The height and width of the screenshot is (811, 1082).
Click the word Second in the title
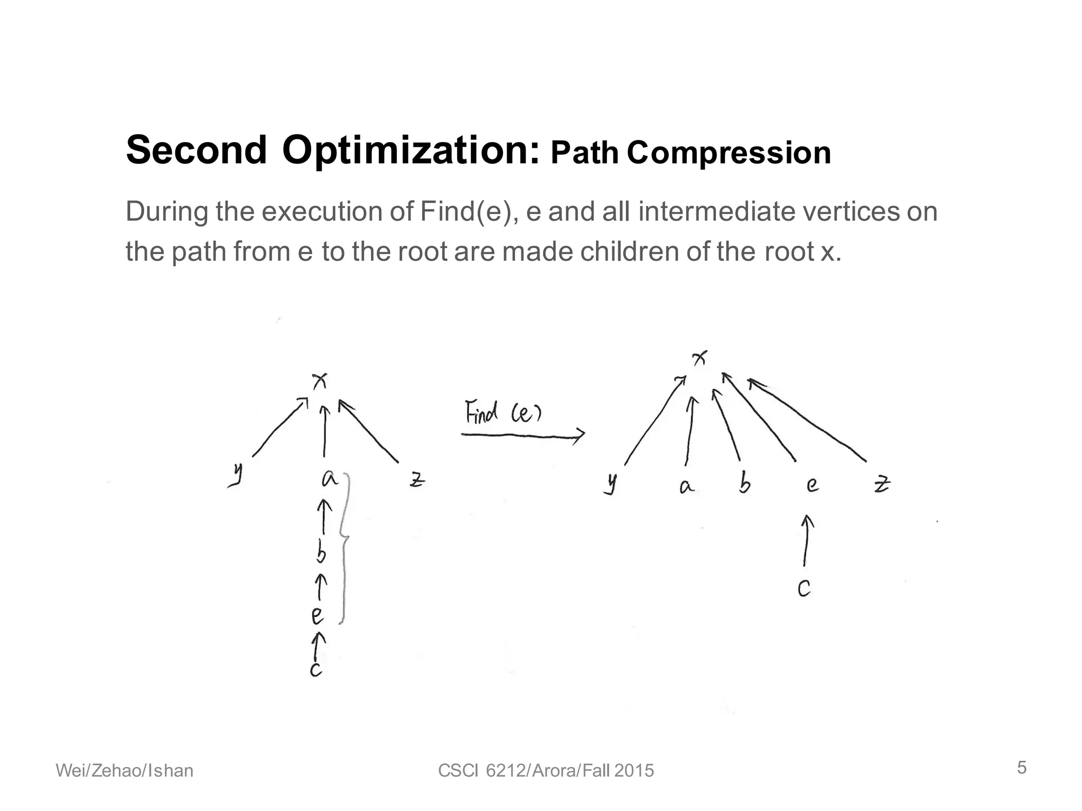point(197,150)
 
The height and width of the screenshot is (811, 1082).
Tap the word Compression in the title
point(729,153)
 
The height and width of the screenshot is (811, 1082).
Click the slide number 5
point(1022,768)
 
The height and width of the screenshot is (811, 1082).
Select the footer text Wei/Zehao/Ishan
point(125,771)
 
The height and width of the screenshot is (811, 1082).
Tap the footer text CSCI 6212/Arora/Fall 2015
point(546,771)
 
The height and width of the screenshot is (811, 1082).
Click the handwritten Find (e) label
point(502,412)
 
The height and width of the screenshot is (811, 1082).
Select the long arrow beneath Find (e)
point(523,435)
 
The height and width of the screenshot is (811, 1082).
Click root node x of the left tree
point(320,380)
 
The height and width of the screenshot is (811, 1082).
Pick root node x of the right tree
point(699,359)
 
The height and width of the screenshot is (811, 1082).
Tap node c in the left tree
point(316,669)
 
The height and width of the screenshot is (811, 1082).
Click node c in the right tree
point(804,588)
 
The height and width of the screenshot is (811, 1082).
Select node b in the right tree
point(744,484)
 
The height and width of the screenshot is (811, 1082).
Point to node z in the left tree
point(417,479)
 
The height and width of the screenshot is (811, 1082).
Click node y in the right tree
point(611,484)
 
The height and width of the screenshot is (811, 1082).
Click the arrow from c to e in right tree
point(806,541)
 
